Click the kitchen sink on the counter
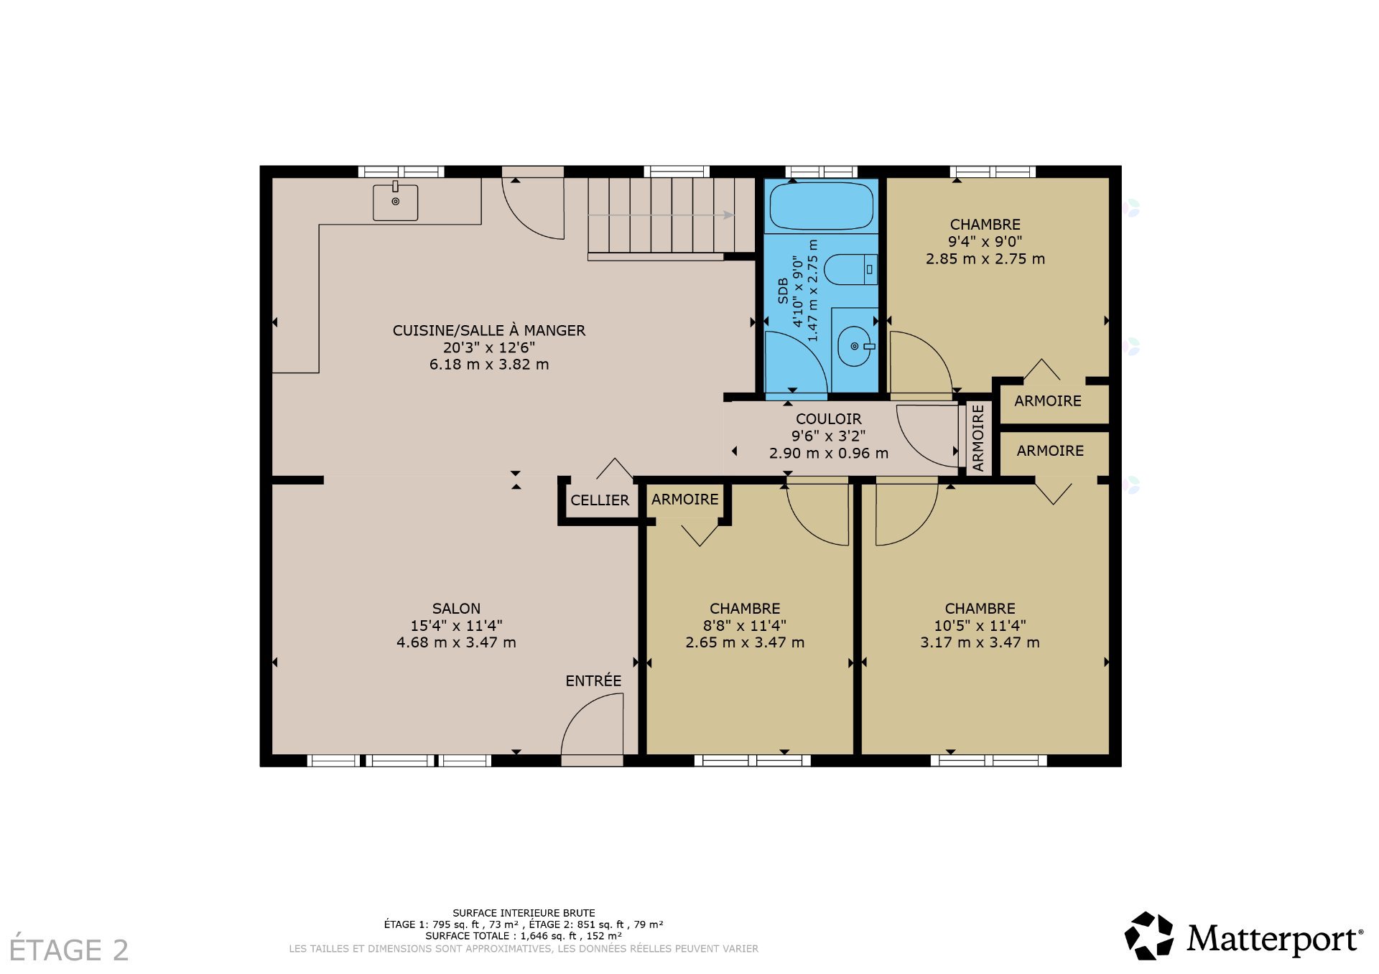[x=395, y=202]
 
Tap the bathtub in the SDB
[x=822, y=206]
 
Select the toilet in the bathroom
[x=850, y=270]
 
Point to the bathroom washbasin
[x=855, y=347]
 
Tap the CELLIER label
[x=600, y=500]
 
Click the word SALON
[x=456, y=609]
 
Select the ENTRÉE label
[x=593, y=680]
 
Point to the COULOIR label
[x=829, y=419]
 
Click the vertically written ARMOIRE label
[x=978, y=438]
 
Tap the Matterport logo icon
[x=1149, y=935]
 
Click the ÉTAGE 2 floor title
[x=69, y=950]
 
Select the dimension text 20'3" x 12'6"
[x=489, y=347]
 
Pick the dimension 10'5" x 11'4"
[x=980, y=626]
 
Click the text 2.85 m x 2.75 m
[x=985, y=259]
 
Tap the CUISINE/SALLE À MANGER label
[x=489, y=330]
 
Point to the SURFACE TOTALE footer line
[x=524, y=936]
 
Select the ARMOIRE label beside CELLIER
[x=685, y=500]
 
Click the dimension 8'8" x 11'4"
[x=745, y=626]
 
